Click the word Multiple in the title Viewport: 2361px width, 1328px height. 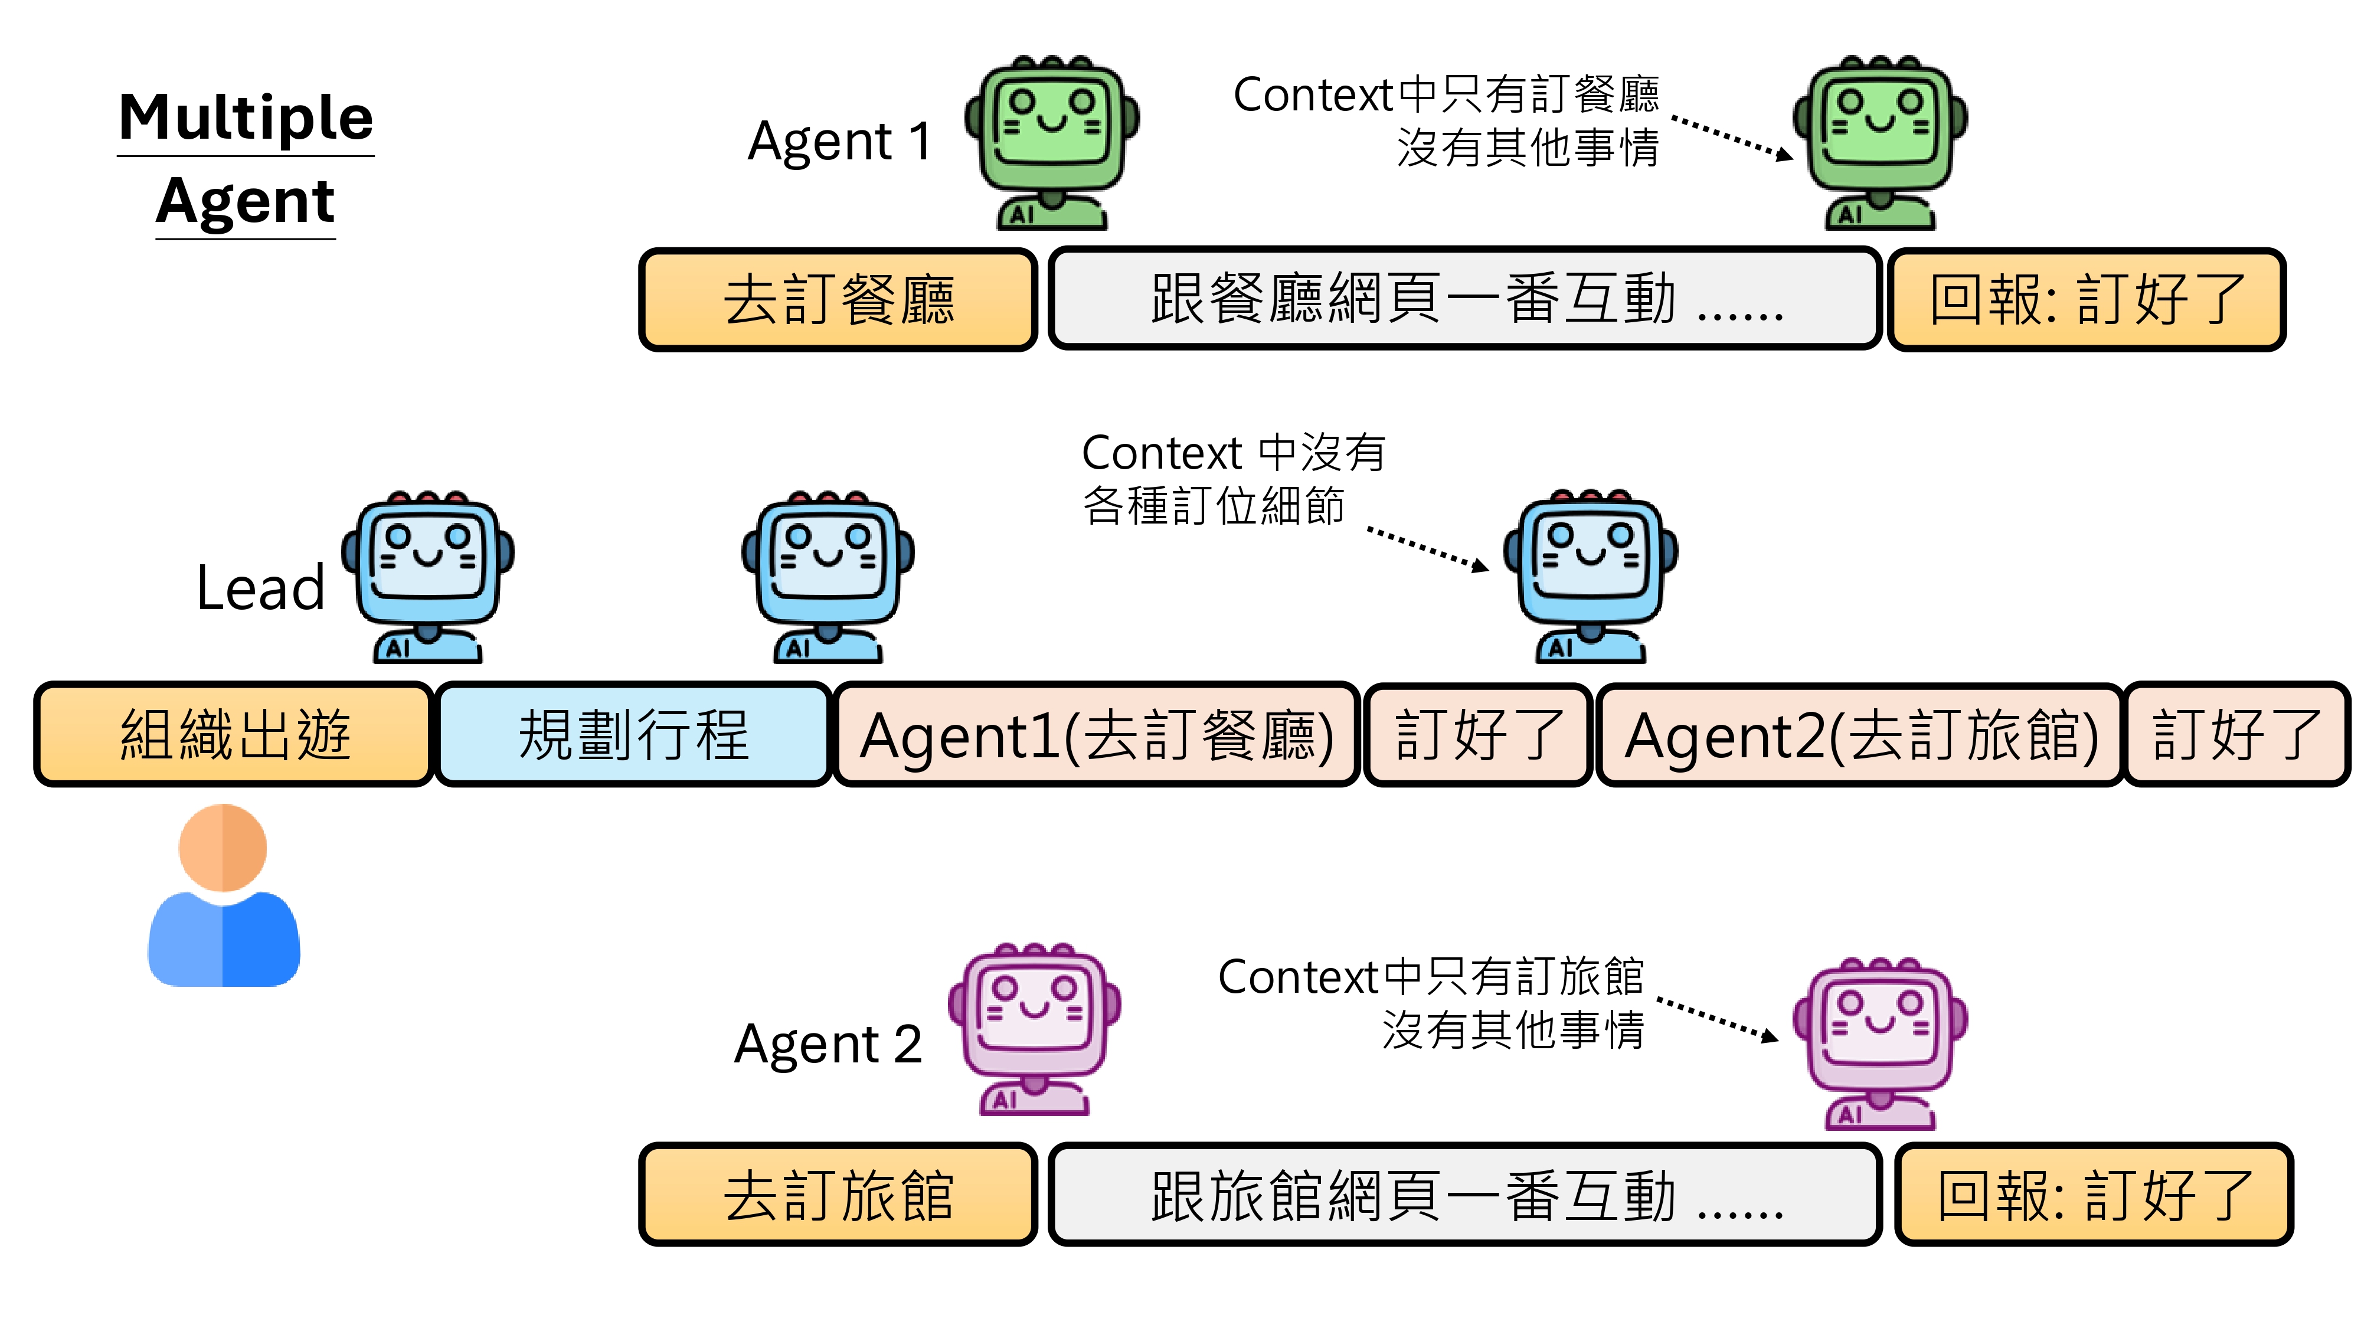coord(246,117)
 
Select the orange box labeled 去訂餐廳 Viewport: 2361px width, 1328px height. coord(838,300)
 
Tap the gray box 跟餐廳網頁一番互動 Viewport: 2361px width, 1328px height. coord(1464,300)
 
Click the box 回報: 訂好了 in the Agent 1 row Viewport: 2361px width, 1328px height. coord(2087,300)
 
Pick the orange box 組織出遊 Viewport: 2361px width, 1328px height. coord(234,734)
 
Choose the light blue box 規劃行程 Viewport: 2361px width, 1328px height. coord(633,734)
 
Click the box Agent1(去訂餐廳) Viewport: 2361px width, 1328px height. coord(1096,734)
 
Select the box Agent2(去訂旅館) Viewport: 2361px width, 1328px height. coord(1860,734)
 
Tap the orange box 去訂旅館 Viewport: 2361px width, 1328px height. coord(838,1195)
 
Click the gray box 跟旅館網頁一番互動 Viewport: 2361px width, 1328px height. coord(1464,1195)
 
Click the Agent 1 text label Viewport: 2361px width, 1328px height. coord(839,142)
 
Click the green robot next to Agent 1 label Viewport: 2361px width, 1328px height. coord(1052,142)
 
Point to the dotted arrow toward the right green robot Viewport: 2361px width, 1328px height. coord(1731,138)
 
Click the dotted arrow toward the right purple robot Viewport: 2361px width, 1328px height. coord(1718,1019)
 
